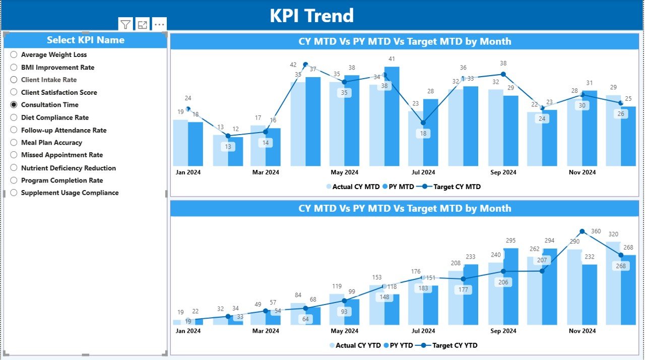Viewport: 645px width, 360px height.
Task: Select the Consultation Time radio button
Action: coord(14,105)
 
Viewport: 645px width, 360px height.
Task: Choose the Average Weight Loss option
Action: coord(14,54)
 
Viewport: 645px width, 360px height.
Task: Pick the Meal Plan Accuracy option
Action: coord(14,143)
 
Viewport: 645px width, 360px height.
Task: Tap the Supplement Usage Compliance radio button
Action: coord(14,193)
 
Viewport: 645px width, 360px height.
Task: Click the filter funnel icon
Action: coord(125,25)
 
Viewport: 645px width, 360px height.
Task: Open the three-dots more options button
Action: coord(159,25)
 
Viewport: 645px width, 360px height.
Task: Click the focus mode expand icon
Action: coord(143,25)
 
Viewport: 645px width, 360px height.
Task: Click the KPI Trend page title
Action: coord(311,16)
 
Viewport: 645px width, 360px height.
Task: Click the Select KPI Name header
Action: coord(85,40)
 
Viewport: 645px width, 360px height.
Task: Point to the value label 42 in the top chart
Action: coord(293,65)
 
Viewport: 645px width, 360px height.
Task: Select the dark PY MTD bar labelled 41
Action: coord(392,116)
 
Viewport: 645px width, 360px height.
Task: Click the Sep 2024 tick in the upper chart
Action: coord(503,172)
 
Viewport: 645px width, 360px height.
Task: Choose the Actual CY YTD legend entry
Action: coord(354,345)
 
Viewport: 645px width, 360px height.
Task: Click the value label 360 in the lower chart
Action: coord(596,231)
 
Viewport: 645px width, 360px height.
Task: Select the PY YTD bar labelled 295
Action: coord(510,286)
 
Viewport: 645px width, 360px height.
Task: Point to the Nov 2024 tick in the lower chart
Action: coord(582,331)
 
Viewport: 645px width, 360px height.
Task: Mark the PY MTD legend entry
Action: coord(398,187)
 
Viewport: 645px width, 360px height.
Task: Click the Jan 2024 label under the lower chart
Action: coord(188,331)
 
